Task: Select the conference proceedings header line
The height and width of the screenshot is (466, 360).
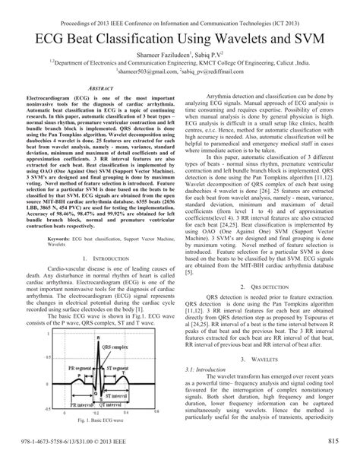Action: click(x=180, y=8)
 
